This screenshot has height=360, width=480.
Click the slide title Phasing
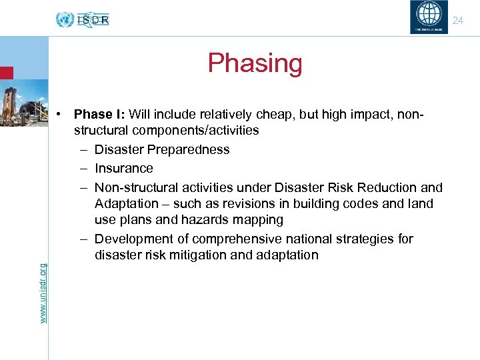click(255, 63)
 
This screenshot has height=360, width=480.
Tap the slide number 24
click(457, 21)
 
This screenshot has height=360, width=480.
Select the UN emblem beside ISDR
click(65, 19)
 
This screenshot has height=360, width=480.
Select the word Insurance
click(123, 169)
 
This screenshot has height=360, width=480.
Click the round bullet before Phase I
click(59, 114)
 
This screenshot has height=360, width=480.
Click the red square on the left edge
click(6, 72)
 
